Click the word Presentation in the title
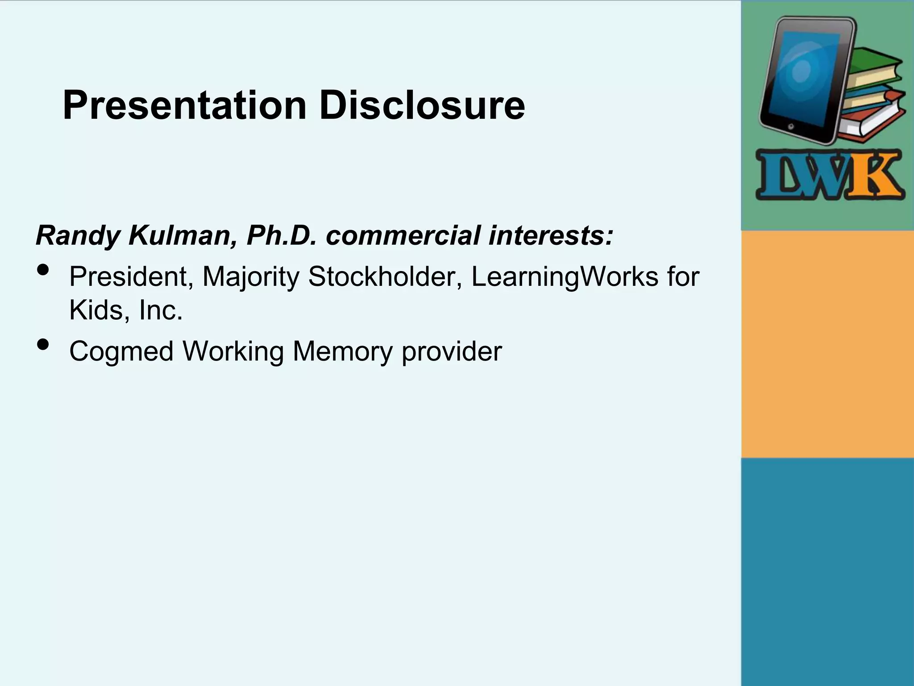point(184,105)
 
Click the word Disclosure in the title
point(422,105)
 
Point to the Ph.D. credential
point(282,235)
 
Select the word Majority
point(250,277)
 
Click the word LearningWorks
point(565,277)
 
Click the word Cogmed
point(121,352)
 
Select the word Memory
point(342,352)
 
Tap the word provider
point(452,352)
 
